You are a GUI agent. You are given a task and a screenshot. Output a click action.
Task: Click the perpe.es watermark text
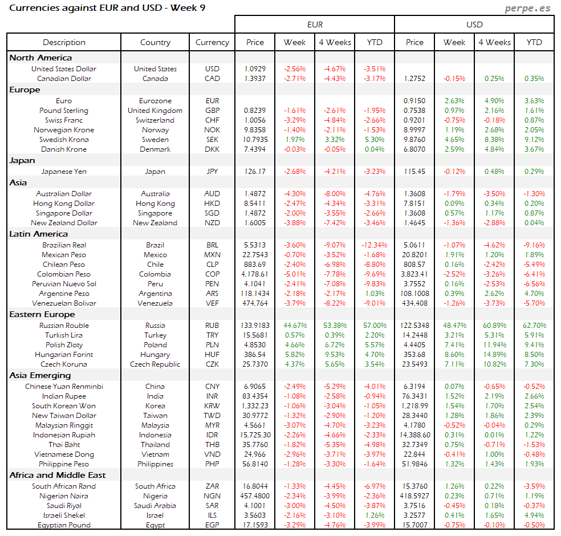(x=529, y=9)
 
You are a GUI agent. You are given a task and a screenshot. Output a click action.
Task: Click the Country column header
(x=155, y=42)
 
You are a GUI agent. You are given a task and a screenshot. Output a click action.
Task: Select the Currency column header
(x=212, y=42)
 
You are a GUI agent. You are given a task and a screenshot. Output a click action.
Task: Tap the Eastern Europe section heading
(x=42, y=314)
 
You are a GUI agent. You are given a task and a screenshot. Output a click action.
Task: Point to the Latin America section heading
(x=38, y=234)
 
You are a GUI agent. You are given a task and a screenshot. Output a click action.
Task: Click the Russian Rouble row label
(x=64, y=326)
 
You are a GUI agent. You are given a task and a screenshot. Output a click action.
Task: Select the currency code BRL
(x=212, y=245)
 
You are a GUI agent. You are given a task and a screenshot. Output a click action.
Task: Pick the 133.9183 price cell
(x=255, y=326)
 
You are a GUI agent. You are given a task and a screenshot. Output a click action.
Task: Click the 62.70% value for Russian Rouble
(x=534, y=326)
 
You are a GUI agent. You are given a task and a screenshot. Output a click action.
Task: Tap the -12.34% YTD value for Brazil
(x=374, y=245)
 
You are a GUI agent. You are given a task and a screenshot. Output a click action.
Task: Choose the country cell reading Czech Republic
(x=155, y=364)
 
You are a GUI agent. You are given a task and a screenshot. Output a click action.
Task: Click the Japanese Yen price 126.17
(x=255, y=172)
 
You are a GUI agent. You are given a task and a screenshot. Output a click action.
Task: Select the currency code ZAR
(x=212, y=486)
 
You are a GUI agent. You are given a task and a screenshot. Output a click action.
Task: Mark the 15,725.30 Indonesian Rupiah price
(x=255, y=435)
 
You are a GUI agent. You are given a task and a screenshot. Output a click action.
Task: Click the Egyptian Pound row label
(x=64, y=525)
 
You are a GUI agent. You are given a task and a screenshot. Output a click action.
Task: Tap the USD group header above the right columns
(x=474, y=25)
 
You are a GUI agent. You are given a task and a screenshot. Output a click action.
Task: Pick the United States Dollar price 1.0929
(x=255, y=69)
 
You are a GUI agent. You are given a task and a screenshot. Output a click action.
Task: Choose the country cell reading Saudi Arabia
(x=155, y=506)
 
